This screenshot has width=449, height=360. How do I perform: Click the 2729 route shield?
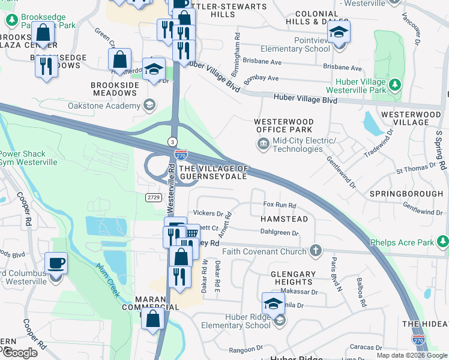point(154,196)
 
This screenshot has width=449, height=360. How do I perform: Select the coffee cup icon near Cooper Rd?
point(56,263)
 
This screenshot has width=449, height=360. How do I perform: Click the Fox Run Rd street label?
point(280,205)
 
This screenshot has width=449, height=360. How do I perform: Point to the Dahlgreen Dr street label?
point(279,233)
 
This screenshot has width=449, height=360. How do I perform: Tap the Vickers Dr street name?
point(208,214)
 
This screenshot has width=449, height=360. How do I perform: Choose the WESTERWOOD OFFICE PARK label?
point(284,125)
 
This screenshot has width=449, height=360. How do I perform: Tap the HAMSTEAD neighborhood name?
point(284,219)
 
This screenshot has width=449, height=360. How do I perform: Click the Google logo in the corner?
point(20,353)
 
